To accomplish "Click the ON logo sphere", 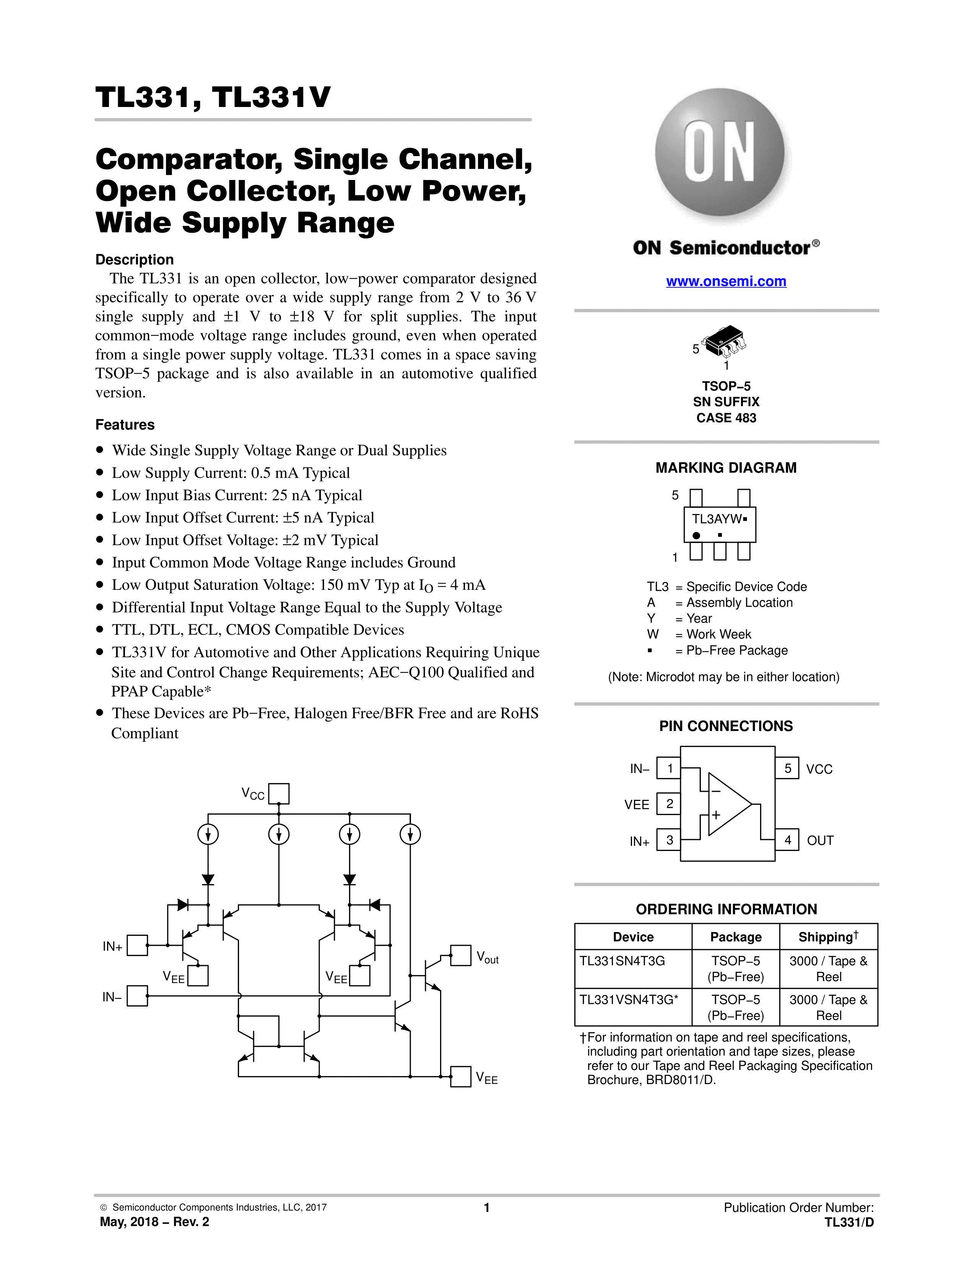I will [x=720, y=152].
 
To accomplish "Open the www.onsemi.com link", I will [x=726, y=281].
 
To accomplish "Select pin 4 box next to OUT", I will [x=787, y=840].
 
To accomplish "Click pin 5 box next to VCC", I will [x=787, y=768].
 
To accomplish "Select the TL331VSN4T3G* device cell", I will [x=629, y=1000].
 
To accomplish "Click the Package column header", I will [x=735, y=937].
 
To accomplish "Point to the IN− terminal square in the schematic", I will [x=138, y=995].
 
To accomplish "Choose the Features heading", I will [x=125, y=425].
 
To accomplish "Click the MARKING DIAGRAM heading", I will [x=725, y=468].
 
